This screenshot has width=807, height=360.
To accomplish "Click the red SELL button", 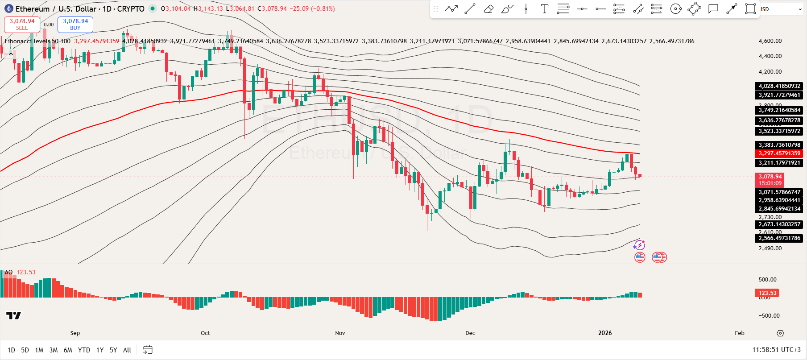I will (x=22, y=25).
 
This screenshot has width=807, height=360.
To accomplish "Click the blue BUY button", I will (x=75, y=25).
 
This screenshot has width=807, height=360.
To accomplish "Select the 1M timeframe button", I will (x=39, y=350).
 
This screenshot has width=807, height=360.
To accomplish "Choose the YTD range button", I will (x=84, y=350).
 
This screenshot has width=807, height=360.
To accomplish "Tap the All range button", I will (x=127, y=350).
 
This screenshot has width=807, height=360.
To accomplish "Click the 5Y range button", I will (x=113, y=350).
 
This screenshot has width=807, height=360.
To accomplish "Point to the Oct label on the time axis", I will (x=205, y=333).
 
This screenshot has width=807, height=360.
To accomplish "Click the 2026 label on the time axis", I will (x=605, y=333).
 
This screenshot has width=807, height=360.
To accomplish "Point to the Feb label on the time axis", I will (x=740, y=333).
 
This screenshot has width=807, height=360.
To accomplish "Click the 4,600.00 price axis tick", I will (x=770, y=41).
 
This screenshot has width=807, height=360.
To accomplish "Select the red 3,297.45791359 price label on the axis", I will (x=779, y=153).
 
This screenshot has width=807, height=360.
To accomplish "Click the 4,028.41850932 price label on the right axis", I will (x=779, y=86).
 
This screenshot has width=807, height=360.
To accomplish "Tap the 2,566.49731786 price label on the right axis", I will (x=779, y=238).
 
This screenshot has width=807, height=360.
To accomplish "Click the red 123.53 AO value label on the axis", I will (x=768, y=293).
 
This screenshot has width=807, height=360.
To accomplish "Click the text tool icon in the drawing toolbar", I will (x=544, y=9).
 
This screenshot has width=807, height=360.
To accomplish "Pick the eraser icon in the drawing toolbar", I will (x=488, y=9).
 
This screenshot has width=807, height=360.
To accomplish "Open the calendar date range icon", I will (x=148, y=350).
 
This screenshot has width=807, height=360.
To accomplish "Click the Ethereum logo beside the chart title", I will (x=8, y=8).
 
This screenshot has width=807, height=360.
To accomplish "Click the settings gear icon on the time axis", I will (x=780, y=333).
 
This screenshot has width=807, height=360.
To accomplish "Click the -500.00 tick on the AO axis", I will (x=769, y=316).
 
